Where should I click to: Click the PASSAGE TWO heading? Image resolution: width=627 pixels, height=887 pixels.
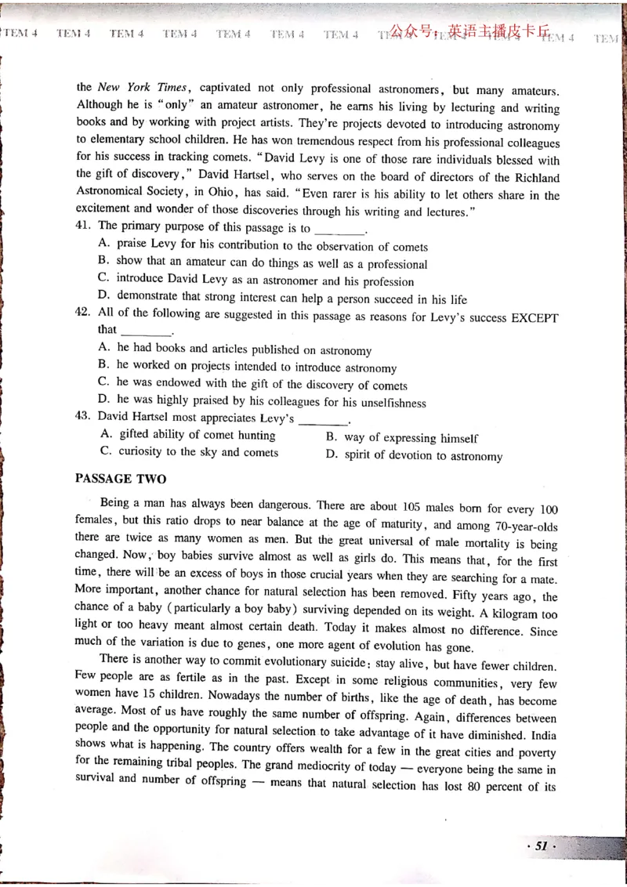click(x=120, y=478)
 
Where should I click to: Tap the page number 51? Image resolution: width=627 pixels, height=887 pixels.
click(x=540, y=846)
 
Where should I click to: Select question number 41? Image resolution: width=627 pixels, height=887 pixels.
click(x=84, y=228)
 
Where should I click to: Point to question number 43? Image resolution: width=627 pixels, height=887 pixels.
click(x=84, y=418)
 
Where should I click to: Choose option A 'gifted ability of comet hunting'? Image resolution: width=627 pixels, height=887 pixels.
click(x=188, y=436)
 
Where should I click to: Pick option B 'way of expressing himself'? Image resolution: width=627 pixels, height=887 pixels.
click(x=402, y=438)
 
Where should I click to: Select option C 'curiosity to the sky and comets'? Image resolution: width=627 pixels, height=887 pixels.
click(x=189, y=452)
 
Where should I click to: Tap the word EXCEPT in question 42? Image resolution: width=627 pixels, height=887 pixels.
click(x=535, y=318)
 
